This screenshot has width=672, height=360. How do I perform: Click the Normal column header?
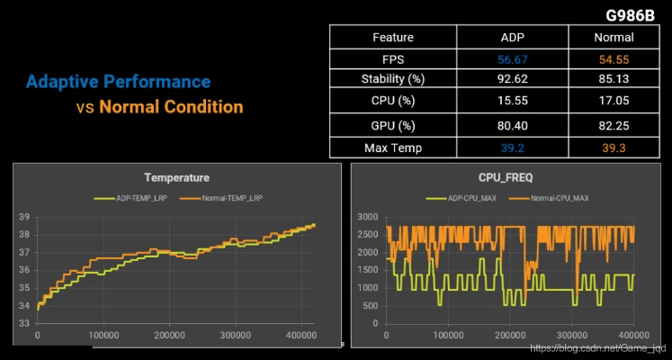click(614, 38)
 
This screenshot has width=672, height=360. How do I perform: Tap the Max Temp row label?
click(392, 148)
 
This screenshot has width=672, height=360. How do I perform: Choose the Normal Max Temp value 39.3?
click(614, 148)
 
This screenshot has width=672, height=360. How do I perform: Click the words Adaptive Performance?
click(118, 82)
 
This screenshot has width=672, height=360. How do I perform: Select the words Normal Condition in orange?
click(171, 107)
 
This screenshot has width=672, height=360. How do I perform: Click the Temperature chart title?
click(176, 178)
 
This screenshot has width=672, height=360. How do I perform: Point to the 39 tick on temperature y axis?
click(24, 217)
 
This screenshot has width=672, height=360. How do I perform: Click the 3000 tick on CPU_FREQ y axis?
click(370, 217)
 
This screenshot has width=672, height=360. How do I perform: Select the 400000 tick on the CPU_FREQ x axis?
click(633, 336)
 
